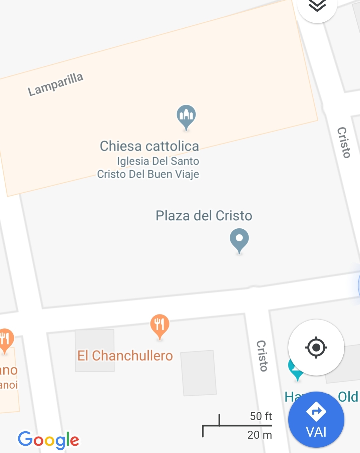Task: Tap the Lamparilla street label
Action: pyautogui.click(x=55, y=84)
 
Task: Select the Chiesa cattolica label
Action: pyautogui.click(x=149, y=146)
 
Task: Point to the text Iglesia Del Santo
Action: pyautogui.click(x=158, y=161)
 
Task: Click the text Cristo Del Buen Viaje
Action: pyautogui.click(x=148, y=174)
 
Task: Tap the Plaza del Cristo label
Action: pyautogui.click(x=204, y=216)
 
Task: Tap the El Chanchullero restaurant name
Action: pyautogui.click(x=125, y=356)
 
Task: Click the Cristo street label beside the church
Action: pyautogui.click(x=344, y=142)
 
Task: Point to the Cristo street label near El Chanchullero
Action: pyautogui.click(x=262, y=356)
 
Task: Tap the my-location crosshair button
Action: pyautogui.click(x=316, y=348)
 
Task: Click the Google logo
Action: pyautogui.click(x=49, y=440)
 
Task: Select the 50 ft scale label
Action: pyautogui.click(x=261, y=416)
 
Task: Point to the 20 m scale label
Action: pyautogui.click(x=259, y=435)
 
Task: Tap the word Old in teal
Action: pyautogui.click(x=348, y=397)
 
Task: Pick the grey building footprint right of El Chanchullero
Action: pyautogui.click(x=199, y=373)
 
